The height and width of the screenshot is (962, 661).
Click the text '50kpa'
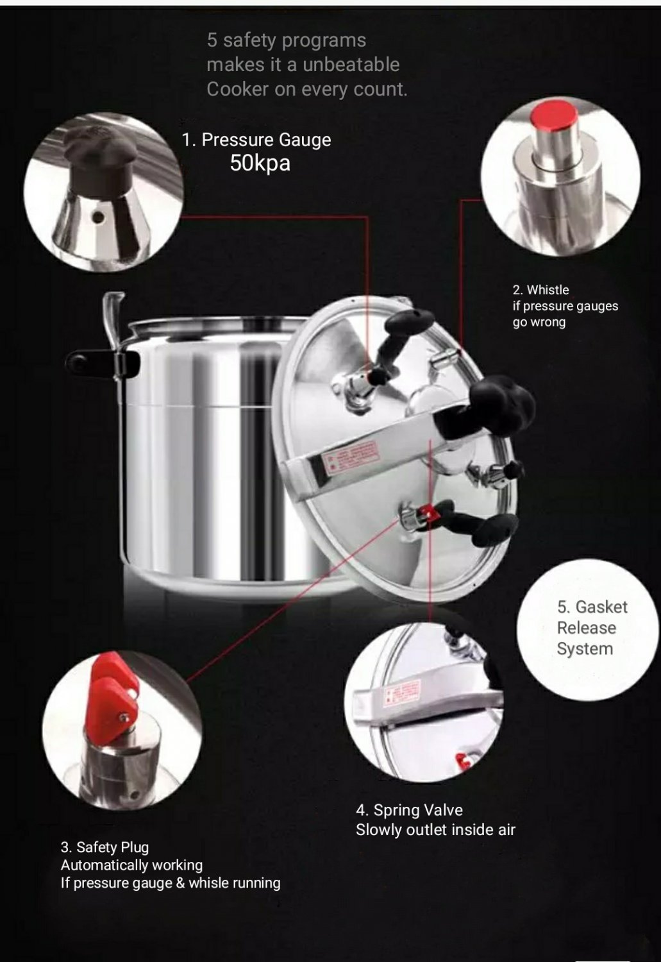tap(260, 164)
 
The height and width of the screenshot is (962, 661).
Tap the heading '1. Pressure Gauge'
tap(256, 140)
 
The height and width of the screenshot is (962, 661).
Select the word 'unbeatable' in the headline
tap(351, 65)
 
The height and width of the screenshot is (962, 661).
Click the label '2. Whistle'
tap(540, 290)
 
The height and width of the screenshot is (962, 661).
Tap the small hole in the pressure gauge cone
tap(97, 217)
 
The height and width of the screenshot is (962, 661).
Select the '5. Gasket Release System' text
tap(589, 628)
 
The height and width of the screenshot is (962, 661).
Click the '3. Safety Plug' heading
tap(105, 847)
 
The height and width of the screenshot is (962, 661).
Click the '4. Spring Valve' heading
tap(409, 810)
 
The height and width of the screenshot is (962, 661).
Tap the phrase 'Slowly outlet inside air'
tap(435, 830)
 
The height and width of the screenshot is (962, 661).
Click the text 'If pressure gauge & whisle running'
tap(171, 883)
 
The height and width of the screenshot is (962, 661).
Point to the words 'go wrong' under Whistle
tap(539, 322)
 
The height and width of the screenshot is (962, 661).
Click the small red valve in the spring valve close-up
tap(460, 761)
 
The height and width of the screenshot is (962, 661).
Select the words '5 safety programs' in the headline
tap(286, 40)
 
